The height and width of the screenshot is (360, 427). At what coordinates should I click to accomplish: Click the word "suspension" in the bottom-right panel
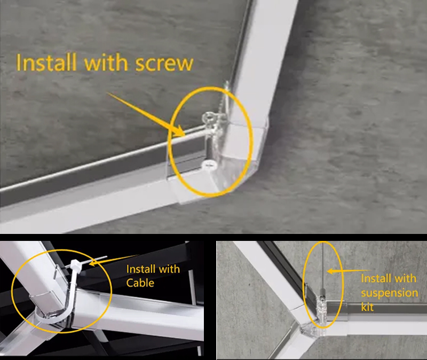(x=389, y=293)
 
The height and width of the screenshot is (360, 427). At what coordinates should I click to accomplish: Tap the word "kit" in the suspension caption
(x=368, y=308)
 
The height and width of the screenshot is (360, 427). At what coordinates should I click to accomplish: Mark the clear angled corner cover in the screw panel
(x=235, y=160)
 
